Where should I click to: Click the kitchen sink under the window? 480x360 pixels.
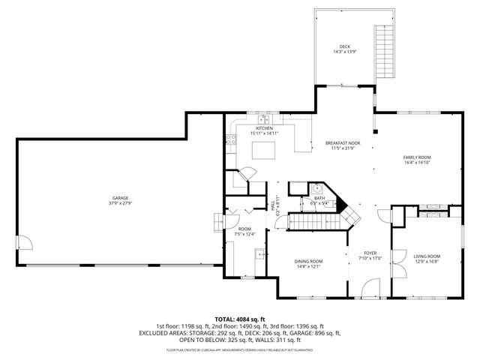point(265,119)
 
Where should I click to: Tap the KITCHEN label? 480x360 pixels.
point(265,128)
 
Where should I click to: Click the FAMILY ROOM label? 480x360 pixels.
point(418,157)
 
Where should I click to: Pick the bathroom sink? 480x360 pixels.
point(317,188)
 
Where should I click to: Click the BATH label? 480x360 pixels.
point(319,198)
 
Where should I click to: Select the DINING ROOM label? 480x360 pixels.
point(308,260)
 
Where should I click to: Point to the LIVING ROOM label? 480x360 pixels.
point(427,256)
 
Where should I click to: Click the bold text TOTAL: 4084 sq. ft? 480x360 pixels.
point(239,319)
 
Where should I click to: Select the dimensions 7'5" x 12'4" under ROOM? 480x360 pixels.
point(245,234)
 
